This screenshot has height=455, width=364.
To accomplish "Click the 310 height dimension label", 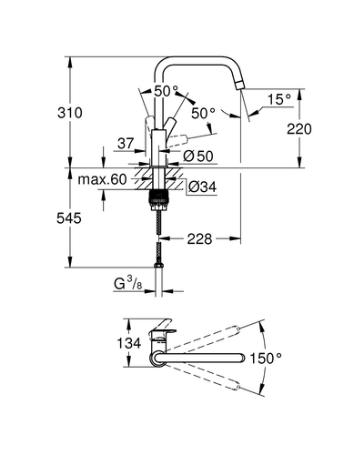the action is [x=70, y=113].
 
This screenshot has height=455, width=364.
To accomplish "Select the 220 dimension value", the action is [x=299, y=129].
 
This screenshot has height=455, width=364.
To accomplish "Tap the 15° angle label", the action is [x=279, y=99].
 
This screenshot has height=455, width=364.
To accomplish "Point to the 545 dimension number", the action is [x=69, y=218].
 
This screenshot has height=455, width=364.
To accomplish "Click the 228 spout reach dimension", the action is [x=199, y=239].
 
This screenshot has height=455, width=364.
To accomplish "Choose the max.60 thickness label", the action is [x=102, y=179].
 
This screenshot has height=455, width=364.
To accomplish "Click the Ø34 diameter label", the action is [x=202, y=187].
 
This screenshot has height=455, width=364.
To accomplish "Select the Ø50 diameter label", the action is [x=198, y=157].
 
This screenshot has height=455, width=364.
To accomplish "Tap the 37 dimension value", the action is [x=126, y=143].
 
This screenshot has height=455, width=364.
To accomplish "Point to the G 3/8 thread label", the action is [x=128, y=284].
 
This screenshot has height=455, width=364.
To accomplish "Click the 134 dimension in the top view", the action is [x=129, y=343].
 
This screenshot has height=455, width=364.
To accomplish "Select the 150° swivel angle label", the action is [x=266, y=359].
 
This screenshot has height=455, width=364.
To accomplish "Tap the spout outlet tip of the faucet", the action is [x=239, y=86].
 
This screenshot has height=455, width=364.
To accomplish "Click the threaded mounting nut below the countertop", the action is [x=157, y=199].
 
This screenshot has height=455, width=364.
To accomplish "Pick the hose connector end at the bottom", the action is [x=158, y=265].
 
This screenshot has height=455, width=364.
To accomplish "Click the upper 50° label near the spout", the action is [x=166, y=91].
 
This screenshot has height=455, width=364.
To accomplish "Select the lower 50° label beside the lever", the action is [x=203, y=114].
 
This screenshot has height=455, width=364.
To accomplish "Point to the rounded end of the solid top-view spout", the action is [x=243, y=358].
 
